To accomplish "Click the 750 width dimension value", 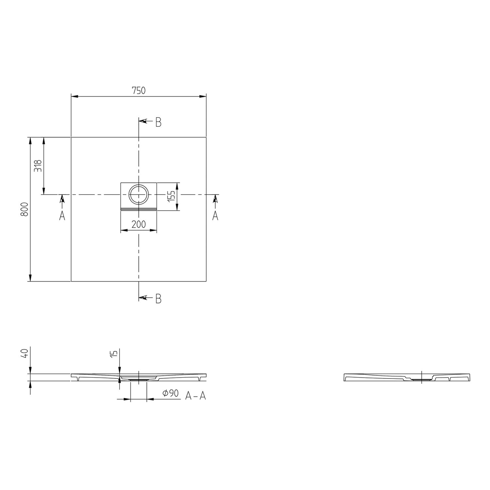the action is click(x=139, y=90).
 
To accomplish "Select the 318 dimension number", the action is click(x=38, y=166).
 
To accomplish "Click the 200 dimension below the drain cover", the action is click(x=139, y=224).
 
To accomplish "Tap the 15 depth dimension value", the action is click(x=113, y=353).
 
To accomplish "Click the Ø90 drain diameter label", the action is click(x=171, y=394).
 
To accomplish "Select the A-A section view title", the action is click(x=195, y=396).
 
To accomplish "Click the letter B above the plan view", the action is click(x=158, y=122).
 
